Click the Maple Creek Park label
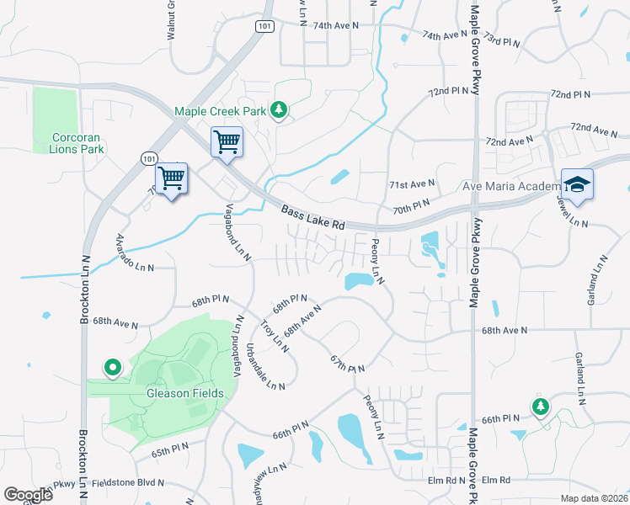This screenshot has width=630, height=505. click(x=220, y=111)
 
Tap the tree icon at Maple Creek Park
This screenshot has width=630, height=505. click(x=279, y=110)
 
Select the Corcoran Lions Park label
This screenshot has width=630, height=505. click(x=77, y=143)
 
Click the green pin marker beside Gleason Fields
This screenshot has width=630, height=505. click(x=111, y=367)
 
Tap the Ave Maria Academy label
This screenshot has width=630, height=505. click(x=511, y=186)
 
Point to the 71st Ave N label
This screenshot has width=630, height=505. click(x=411, y=183)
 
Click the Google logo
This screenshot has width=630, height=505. click(x=28, y=495)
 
